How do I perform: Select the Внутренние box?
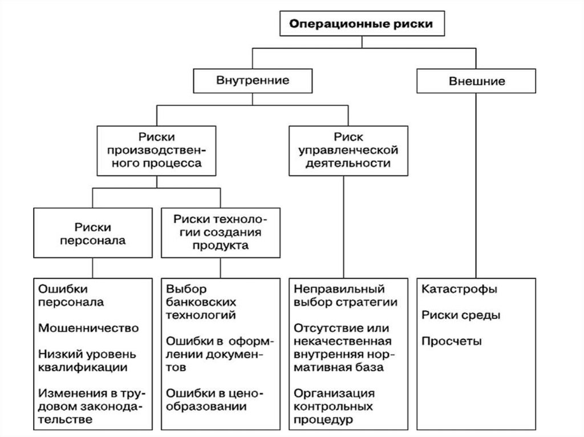(253, 80)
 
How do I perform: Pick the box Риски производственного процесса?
(156, 149)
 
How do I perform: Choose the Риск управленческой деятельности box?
(343, 149)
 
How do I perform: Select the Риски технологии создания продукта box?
(220, 233)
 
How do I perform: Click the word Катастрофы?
(459, 288)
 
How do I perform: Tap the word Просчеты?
(452, 341)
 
